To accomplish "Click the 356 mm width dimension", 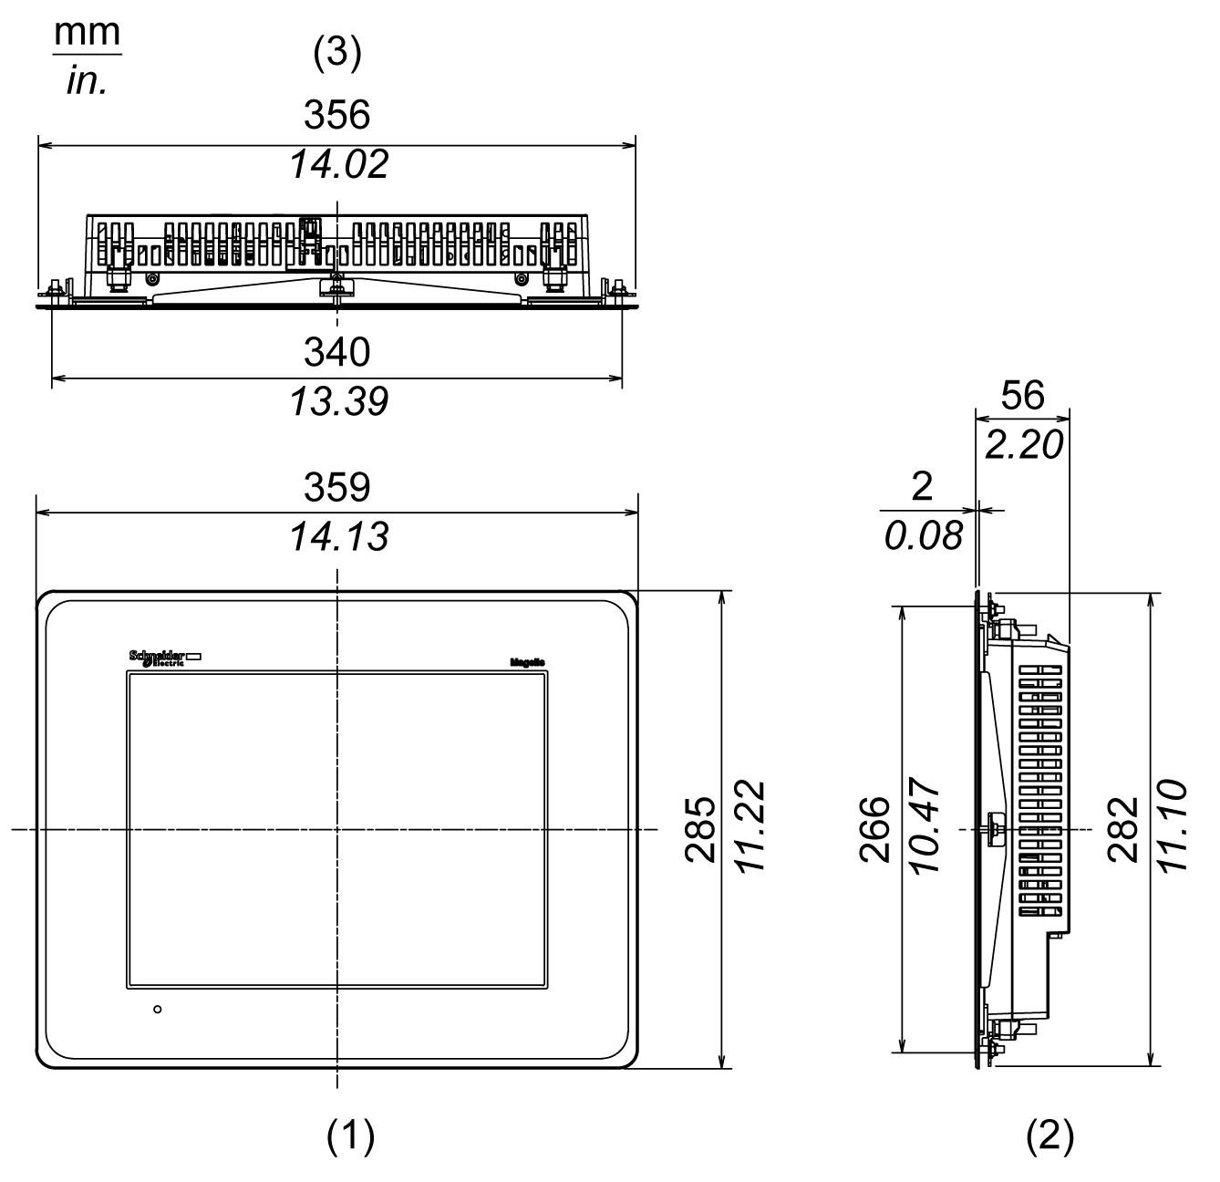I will [x=337, y=115].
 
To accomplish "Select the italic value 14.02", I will [x=338, y=164].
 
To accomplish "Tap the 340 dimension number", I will [x=337, y=352].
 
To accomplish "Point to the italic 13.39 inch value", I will [x=338, y=401].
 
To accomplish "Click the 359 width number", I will [x=337, y=488].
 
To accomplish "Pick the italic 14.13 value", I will [x=338, y=537].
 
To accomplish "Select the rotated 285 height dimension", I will [x=701, y=830].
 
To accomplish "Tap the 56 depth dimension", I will [x=1022, y=396].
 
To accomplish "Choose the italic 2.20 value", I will [x=1024, y=445].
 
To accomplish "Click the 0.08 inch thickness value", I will [x=923, y=536].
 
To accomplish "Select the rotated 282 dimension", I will [x=1124, y=830].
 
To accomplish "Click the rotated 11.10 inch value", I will [x=1173, y=828].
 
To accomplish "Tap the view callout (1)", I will [x=350, y=1135].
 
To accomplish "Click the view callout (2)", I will [x=1049, y=1135].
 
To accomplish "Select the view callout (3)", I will [x=337, y=54].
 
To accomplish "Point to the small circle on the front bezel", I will [x=158, y=1010].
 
